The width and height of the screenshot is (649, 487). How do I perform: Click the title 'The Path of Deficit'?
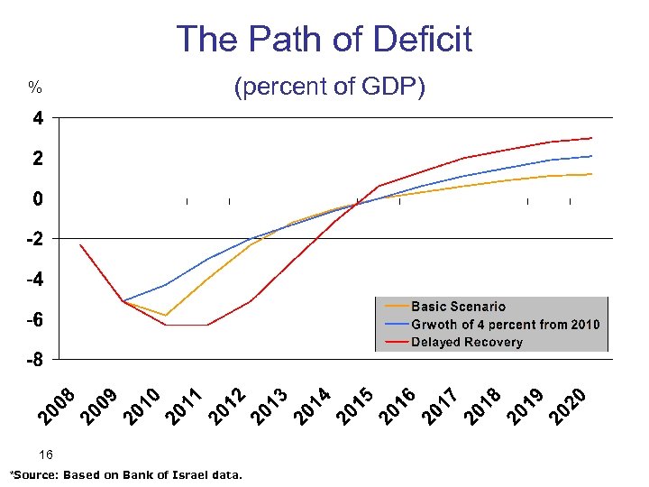tap(324, 40)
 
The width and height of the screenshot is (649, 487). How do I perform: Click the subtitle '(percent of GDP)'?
tap(329, 87)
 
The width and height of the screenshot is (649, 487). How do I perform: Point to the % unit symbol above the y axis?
tap(34, 88)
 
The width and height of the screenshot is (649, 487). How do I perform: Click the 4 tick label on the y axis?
tap(37, 118)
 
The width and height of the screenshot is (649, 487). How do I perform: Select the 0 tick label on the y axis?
tap(37, 198)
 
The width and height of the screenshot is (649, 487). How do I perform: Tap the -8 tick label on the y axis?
tap(32, 361)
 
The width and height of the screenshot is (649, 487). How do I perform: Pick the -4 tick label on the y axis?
tap(32, 280)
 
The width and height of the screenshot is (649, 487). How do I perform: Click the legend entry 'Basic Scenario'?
tap(458, 307)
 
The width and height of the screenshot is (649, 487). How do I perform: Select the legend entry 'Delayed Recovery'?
tap(466, 342)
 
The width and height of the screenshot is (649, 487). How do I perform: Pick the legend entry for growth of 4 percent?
tap(505, 325)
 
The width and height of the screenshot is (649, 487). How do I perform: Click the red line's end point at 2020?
tap(591, 138)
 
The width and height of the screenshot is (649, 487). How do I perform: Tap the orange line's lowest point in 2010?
tap(166, 316)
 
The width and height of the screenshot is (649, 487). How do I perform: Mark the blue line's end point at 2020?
tap(591, 156)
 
